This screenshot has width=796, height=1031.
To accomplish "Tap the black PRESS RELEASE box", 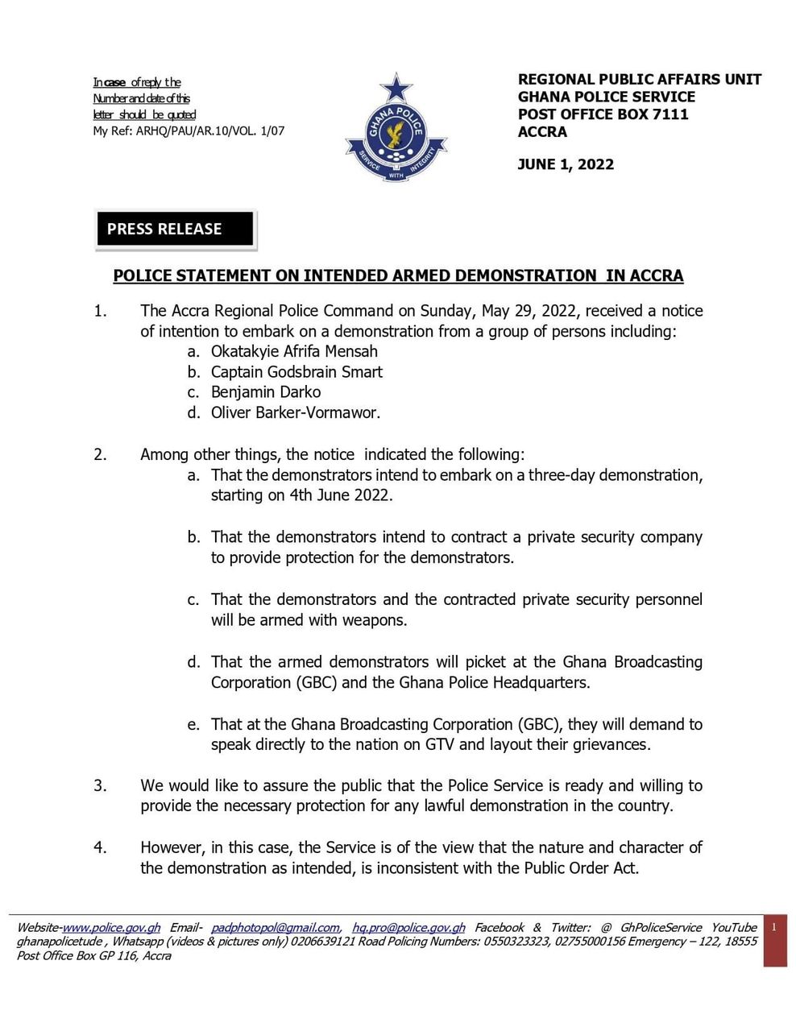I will coord(175,230).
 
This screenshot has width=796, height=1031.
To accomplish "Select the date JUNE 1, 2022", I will coord(566,165).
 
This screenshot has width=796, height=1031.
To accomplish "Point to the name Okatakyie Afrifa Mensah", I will coord(294,351).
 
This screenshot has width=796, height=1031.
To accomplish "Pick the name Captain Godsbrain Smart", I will coord(296,372).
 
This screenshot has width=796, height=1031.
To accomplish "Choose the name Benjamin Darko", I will coord(266,392).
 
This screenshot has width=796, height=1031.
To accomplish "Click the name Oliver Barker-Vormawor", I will coord(295,413).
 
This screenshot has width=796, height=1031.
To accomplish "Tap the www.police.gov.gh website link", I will coord(111,928).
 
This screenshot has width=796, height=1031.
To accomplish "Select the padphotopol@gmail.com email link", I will coord(275,928).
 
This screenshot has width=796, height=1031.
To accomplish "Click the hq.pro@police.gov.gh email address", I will coord(408,928).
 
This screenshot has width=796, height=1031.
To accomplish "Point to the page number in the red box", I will coord(774,928).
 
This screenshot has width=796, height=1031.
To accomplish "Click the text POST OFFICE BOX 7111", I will coord(603,114).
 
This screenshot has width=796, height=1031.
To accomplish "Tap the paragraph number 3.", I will coord(100,785).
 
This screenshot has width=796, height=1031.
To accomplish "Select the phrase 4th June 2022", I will coord(341,495).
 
